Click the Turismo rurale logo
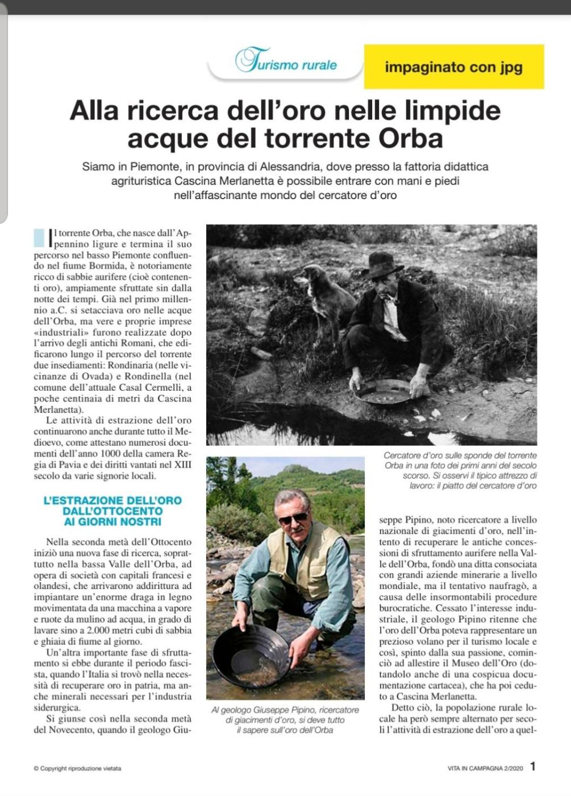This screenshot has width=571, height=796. click(286, 61)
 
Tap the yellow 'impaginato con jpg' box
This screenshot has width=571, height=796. click(453, 67)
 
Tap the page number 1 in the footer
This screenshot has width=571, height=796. click(532, 766)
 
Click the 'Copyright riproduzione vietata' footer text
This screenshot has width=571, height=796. click(77, 769)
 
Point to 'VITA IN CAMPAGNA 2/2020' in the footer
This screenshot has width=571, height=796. click(485, 768)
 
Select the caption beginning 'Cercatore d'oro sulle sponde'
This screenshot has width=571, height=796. click(460, 470)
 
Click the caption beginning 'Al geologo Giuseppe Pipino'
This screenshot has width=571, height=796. click(285, 719)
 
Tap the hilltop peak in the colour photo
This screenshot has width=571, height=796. click(293, 468)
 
